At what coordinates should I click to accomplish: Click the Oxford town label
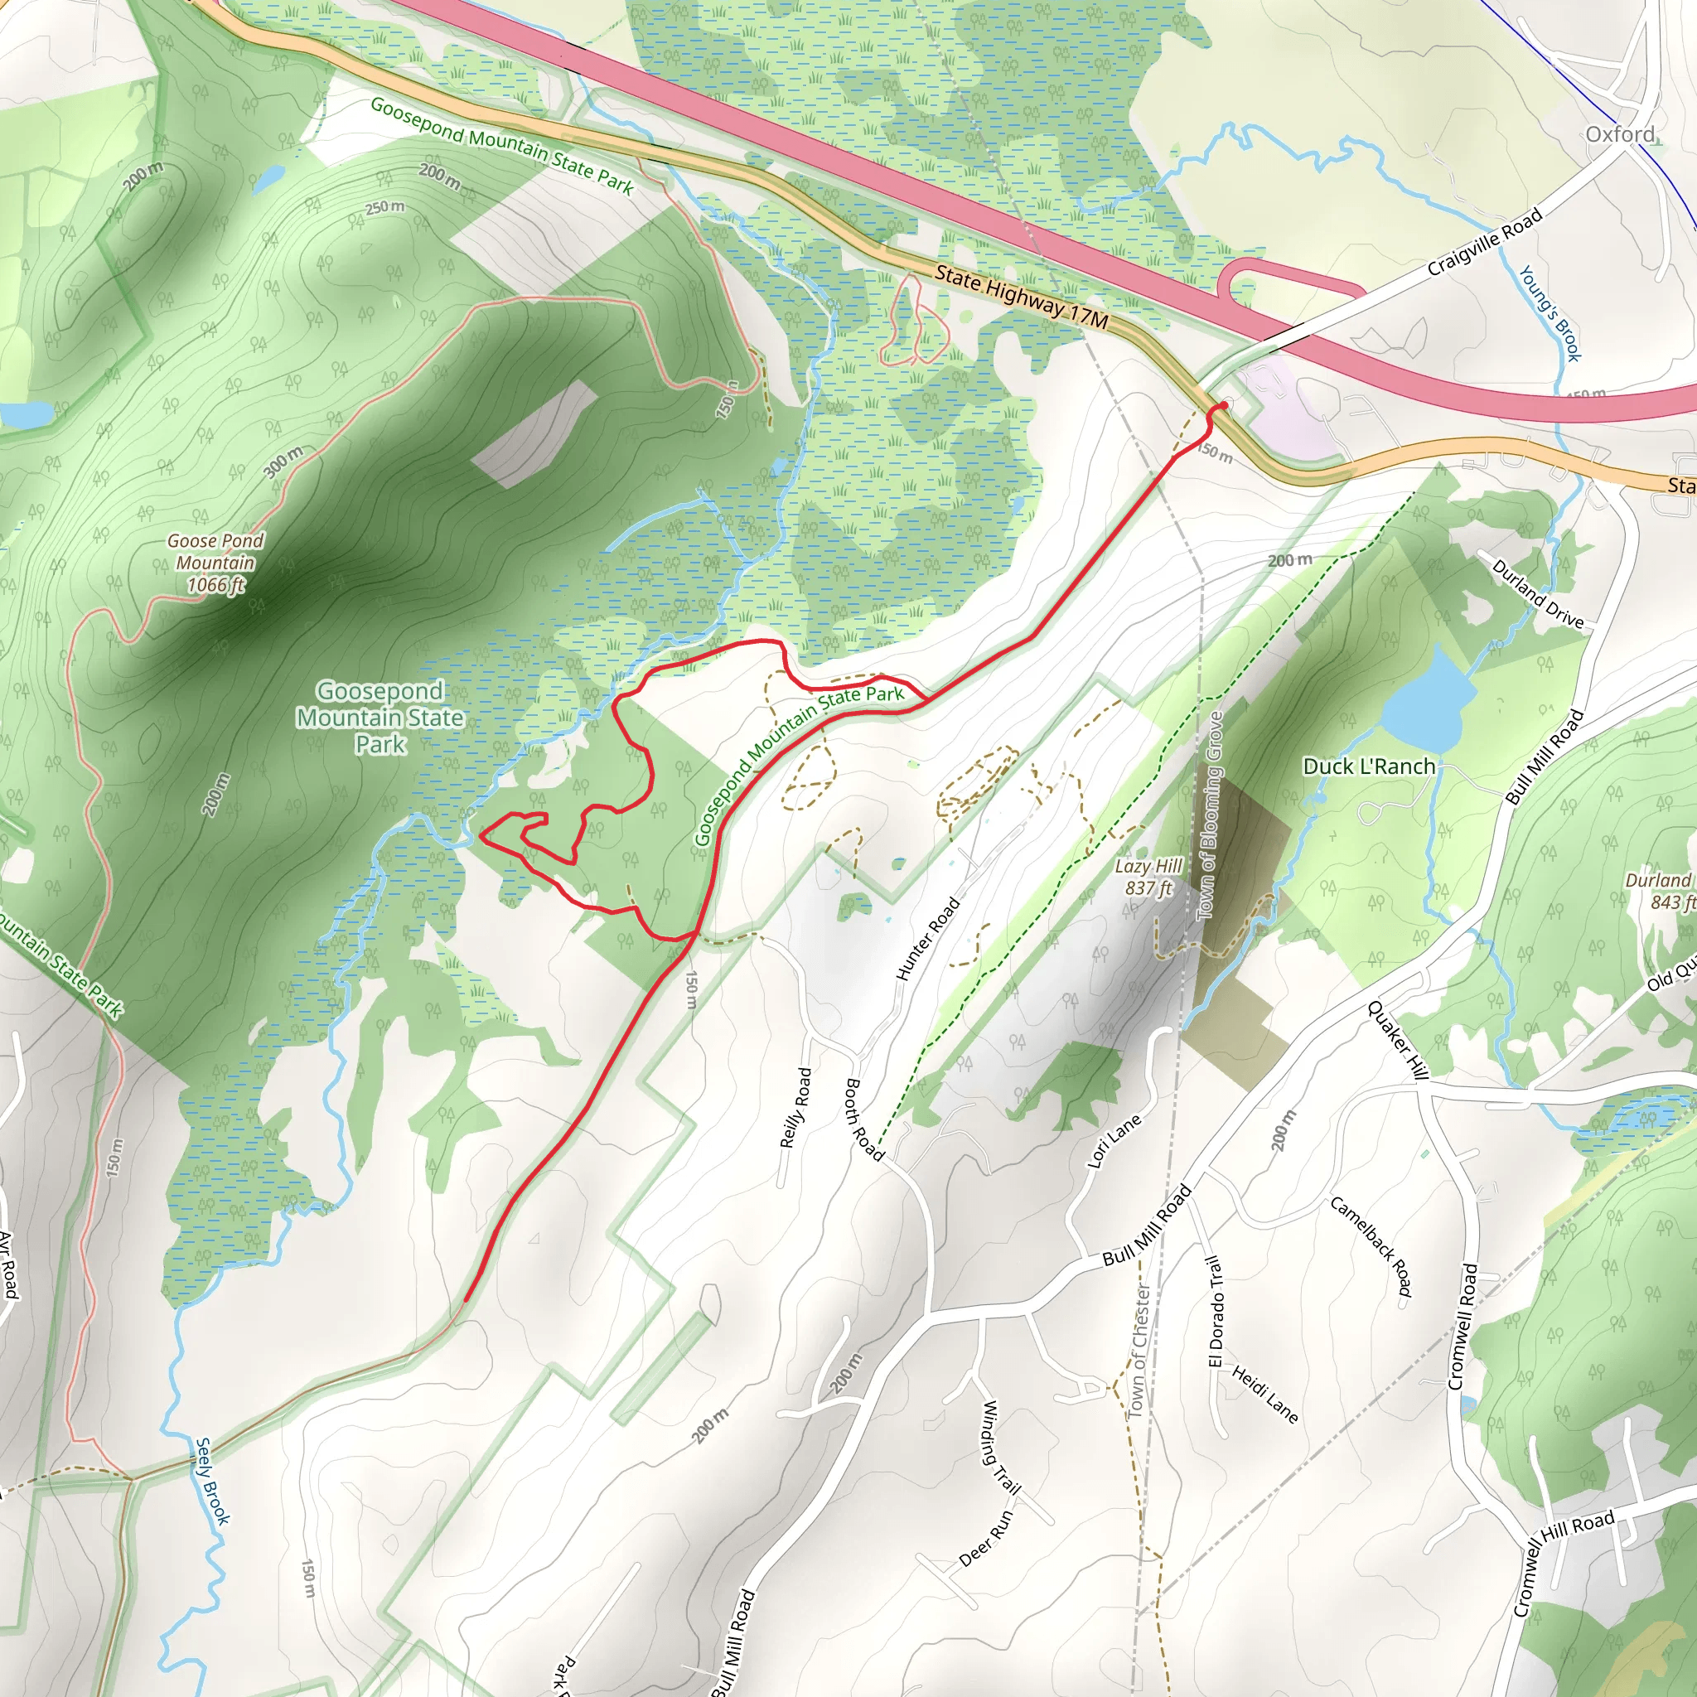click(x=1620, y=134)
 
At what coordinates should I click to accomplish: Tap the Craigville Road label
click(x=1484, y=242)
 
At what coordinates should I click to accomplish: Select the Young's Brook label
click(x=1550, y=313)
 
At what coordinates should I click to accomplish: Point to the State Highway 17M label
click(x=1021, y=297)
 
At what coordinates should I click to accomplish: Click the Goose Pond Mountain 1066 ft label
click(x=215, y=563)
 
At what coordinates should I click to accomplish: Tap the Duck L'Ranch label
click(x=1369, y=766)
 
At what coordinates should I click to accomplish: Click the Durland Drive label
click(x=1537, y=595)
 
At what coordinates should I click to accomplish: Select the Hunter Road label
click(x=927, y=939)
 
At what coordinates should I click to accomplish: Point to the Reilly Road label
click(x=795, y=1108)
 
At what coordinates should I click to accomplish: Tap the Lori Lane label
click(x=1114, y=1141)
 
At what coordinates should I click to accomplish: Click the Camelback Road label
click(x=1371, y=1246)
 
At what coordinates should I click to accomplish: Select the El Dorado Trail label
click(x=1216, y=1312)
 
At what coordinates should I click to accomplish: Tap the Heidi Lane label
click(x=1264, y=1394)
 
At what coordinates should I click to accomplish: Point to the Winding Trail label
click(x=999, y=1448)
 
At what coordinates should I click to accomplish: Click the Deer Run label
click(x=985, y=1538)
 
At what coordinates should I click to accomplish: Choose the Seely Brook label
click(x=211, y=1481)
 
